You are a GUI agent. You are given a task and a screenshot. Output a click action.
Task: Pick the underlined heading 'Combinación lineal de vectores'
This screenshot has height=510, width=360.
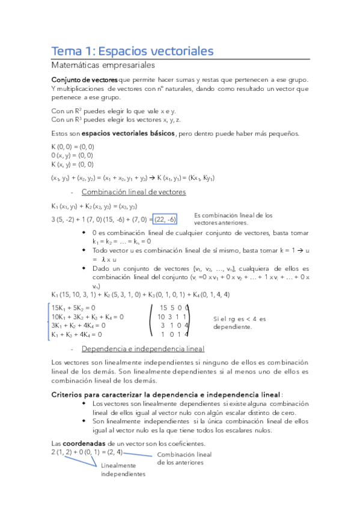[133, 192]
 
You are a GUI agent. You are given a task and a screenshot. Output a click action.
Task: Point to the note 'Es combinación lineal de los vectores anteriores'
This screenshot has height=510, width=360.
[233, 219]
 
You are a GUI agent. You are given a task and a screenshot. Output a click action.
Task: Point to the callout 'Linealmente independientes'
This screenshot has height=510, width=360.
[123, 470]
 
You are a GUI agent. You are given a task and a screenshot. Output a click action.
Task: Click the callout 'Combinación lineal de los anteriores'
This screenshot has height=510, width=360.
[184, 458]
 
